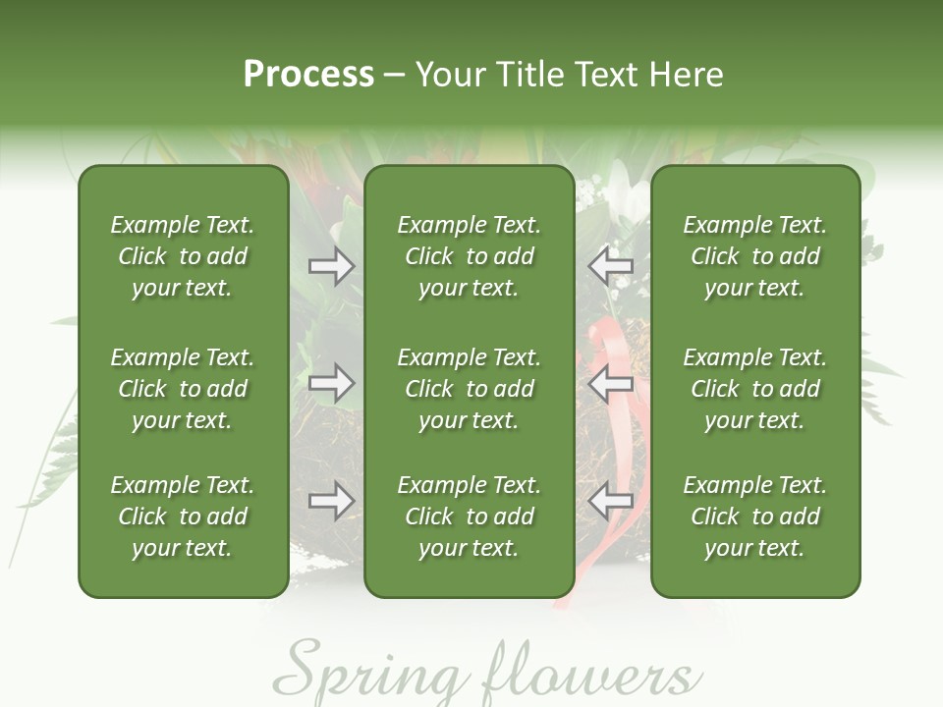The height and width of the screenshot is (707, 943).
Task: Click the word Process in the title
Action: (x=308, y=75)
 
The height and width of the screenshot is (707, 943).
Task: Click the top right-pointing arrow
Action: (x=331, y=266)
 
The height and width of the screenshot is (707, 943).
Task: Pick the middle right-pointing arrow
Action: (x=331, y=383)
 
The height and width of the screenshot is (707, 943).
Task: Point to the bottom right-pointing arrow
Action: (x=331, y=501)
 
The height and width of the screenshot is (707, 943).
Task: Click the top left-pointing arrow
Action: (x=610, y=266)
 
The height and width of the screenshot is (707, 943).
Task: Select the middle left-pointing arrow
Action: (x=610, y=383)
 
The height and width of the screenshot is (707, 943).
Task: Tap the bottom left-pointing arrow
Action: (x=610, y=501)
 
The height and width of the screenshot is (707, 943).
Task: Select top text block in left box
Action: (x=183, y=256)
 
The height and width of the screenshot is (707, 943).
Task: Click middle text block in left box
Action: (x=183, y=389)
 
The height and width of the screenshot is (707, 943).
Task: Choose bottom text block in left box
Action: (x=183, y=517)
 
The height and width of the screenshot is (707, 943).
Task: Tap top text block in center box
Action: (x=469, y=256)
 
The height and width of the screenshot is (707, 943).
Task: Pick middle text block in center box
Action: (x=469, y=389)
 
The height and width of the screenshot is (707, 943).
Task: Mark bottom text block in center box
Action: (x=469, y=517)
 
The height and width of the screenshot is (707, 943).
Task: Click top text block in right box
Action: (x=755, y=256)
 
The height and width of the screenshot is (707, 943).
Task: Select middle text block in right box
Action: (x=755, y=389)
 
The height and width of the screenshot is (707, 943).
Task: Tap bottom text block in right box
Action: (x=755, y=517)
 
